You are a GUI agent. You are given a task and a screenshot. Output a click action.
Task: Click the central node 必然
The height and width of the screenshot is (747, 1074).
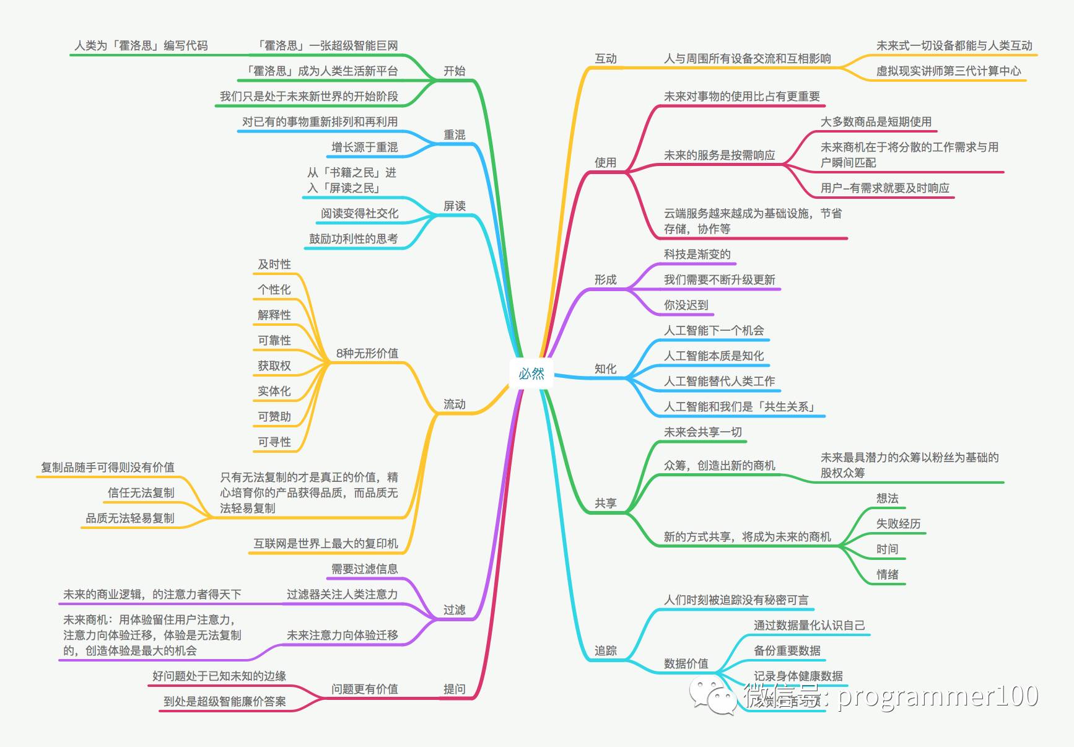[531, 373]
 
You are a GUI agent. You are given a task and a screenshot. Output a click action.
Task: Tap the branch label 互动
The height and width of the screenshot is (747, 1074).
[605, 59]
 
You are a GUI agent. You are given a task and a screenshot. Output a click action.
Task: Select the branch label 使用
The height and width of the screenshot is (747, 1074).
[605, 163]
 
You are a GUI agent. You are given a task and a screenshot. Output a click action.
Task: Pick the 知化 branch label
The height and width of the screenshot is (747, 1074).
[605, 369]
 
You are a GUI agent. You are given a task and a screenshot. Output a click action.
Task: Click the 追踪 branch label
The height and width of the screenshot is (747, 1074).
[605, 650]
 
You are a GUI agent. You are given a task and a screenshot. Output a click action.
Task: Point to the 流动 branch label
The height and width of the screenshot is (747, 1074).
[454, 404]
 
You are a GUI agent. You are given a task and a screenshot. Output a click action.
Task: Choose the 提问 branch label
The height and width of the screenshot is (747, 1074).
[454, 689]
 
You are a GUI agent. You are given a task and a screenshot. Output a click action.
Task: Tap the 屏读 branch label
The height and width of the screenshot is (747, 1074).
[454, 206]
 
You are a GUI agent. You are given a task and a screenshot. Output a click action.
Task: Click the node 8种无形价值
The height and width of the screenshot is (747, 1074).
[367, 354]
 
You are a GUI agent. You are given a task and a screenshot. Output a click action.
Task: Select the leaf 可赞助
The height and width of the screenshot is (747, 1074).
[274, 417]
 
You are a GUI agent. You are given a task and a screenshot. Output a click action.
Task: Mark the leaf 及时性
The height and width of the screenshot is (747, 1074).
[274, 264]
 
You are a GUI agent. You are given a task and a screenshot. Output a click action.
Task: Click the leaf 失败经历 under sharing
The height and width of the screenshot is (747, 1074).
[898, 524]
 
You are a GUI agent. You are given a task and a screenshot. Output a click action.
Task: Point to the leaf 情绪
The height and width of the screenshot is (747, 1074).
[887, 575]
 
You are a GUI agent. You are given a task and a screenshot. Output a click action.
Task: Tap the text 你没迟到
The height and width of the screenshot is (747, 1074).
[686, 305]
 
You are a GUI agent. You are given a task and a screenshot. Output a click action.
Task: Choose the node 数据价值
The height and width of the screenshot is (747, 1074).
[686, 664]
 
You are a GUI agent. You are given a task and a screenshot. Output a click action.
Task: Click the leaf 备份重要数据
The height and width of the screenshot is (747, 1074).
[787, 651]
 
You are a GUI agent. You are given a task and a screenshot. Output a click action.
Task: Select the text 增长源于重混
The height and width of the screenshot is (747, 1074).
[364, 147]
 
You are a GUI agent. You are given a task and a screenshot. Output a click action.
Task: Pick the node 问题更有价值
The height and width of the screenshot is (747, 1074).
[364, 689]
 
